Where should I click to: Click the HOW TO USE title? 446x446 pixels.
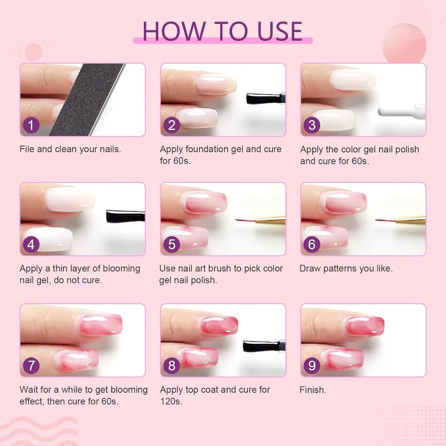(x=222, y=31)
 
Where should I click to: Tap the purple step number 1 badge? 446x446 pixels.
(x=31, y=125)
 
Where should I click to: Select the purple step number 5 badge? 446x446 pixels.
(x=172, y=244)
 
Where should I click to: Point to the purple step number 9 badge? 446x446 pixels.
(x=312, y=365)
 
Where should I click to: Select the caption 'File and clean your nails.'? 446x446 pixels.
(x=70, y=149)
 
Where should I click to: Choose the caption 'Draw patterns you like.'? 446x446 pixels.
(x=346, y=269)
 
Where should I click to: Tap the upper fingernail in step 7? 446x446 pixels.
(x=100, y=324)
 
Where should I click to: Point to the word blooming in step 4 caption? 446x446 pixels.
(x=121, y=269)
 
